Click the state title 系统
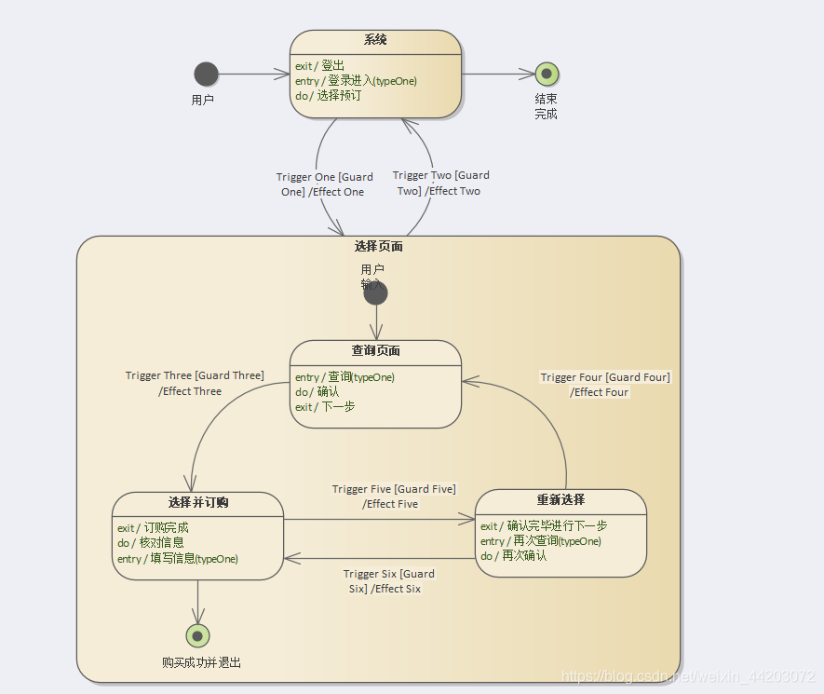click(x=375, y=40)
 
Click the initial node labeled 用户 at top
click(x=206, y=74)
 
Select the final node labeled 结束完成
click(x=547, y=74)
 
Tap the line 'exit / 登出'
click(x=319, y=66)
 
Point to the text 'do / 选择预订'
click(x=328, y=95)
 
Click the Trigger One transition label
click(x=324, y=184)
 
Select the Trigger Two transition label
click(x=440, y=183)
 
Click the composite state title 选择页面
click(x=378, y=247)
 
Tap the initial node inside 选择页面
click(x=375, y=293)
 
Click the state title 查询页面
click(x=375, y=351)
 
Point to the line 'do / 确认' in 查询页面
click(x=317, y=392)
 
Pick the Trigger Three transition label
click(x=195, y=383)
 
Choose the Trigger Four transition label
click(x=604, y=385)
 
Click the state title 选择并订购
click(x=198, y=503)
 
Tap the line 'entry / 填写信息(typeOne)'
click(x=177, y=559)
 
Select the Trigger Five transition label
click(x=394, y=497)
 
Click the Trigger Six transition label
click(x=388, y=581)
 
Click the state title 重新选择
click(x=561, y=499)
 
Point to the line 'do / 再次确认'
click(x=513, y=556)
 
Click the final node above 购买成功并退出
click(x=197, y=636)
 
